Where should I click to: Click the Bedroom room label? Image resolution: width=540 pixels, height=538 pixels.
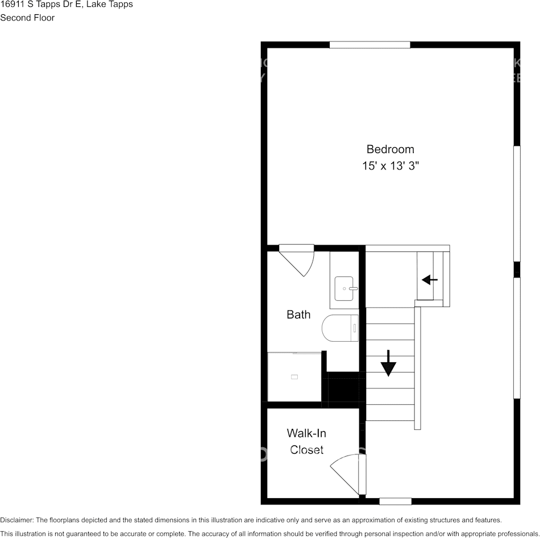390,149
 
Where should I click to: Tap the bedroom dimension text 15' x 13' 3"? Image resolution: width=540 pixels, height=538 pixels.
390,166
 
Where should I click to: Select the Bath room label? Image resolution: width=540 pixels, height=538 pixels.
298,314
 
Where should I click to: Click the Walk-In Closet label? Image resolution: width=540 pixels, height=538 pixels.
306,441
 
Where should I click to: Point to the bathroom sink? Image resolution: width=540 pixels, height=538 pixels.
344,288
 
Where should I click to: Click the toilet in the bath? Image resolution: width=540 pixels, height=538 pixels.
340,328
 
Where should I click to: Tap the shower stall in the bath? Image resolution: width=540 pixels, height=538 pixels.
294,376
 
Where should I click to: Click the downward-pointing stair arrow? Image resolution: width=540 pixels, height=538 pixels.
388,364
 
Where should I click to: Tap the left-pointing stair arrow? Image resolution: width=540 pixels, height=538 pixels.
430,280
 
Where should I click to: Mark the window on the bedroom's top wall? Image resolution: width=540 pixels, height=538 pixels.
370,45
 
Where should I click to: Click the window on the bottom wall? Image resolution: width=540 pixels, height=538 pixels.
396,501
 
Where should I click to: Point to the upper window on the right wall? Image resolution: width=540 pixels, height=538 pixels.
517,204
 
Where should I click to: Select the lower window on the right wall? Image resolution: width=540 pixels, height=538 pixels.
517,338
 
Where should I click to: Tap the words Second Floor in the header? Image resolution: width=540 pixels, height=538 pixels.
27,18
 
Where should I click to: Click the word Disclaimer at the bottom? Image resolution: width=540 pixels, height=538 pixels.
16,520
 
